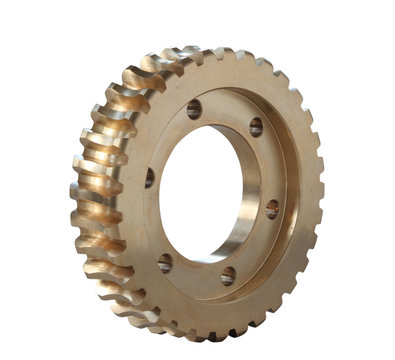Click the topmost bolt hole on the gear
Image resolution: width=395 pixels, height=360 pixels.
pyautogui.click(x=194, y=108)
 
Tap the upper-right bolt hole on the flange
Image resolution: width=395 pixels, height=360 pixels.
pyautogui.click(x=256, y=127)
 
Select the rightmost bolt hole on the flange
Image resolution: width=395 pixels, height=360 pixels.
pyautogui.click(x=271, y=209)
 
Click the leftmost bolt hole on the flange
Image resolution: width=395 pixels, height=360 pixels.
pyautogui.click(x=150, y=178)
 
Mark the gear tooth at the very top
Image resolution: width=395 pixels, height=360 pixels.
pyautogui.click(x=216, y=53)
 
